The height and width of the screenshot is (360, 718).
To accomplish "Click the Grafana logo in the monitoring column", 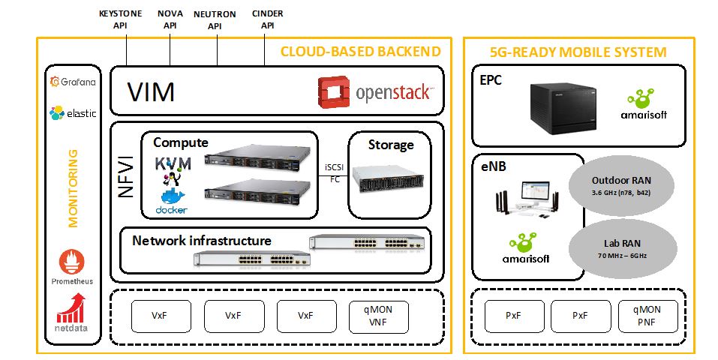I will tap(72, 82).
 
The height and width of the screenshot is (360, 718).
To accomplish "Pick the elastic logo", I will tap(72, 113).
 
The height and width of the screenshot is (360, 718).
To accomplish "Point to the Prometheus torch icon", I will tap(72, 262).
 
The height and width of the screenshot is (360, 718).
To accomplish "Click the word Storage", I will tap(390, 144).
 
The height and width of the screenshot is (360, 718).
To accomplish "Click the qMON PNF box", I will tap(647, 316).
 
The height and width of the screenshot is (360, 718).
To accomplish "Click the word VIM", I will tap(151, 92).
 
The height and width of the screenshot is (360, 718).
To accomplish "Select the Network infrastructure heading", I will tap(202, 241).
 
